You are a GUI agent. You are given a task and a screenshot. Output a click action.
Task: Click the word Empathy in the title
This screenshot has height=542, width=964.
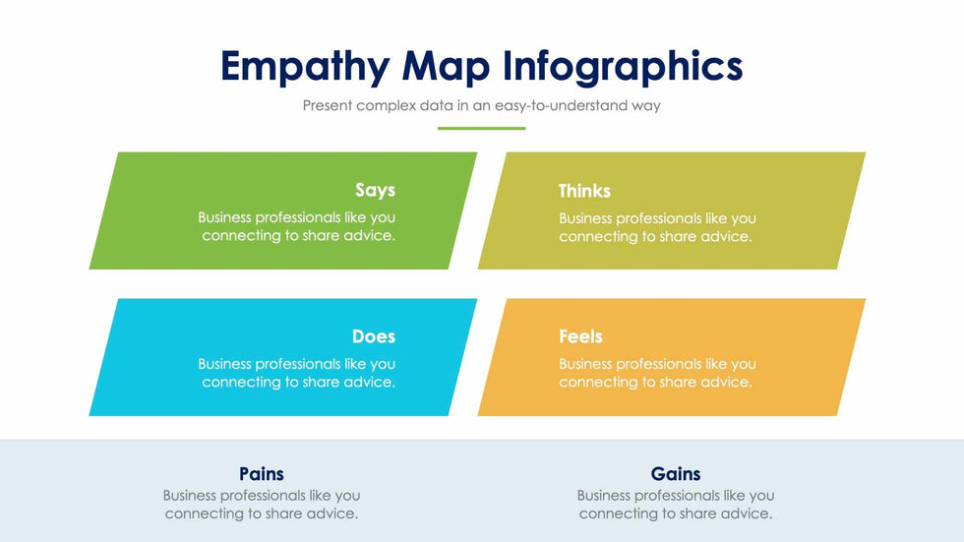click(x=305, y=67)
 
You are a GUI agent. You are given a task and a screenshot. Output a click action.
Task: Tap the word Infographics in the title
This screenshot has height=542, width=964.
click(x=623, y=66)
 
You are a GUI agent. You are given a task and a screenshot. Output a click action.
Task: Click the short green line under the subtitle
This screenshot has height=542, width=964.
click(x=481, y=129)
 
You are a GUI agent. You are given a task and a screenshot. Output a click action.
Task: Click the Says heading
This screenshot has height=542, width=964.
click(x=375, y=191)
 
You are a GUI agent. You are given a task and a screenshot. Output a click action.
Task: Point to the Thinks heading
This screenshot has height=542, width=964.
click(x=584, y=191)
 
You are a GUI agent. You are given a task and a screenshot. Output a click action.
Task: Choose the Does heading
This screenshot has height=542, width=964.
click(x=374, y=336)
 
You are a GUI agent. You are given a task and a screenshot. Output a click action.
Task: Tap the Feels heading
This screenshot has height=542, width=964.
click(x=581, y=336)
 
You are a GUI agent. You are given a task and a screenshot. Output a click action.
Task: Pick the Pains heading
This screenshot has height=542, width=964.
click(x=262, y=474)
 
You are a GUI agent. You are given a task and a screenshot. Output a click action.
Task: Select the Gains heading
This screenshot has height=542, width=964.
click(x=676, y=474)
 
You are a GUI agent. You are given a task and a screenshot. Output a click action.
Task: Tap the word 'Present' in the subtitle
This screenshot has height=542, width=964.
click(x=327, y=105)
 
